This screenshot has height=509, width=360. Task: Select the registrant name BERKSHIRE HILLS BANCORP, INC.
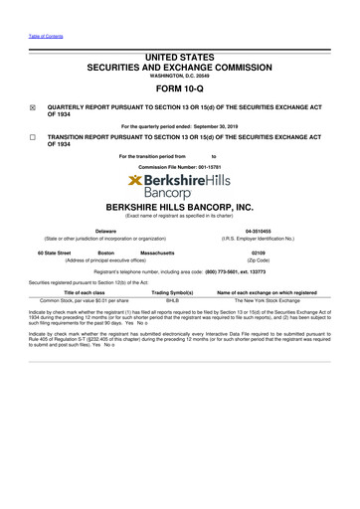point(179,207)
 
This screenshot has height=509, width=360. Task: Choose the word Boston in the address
point(110,254)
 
